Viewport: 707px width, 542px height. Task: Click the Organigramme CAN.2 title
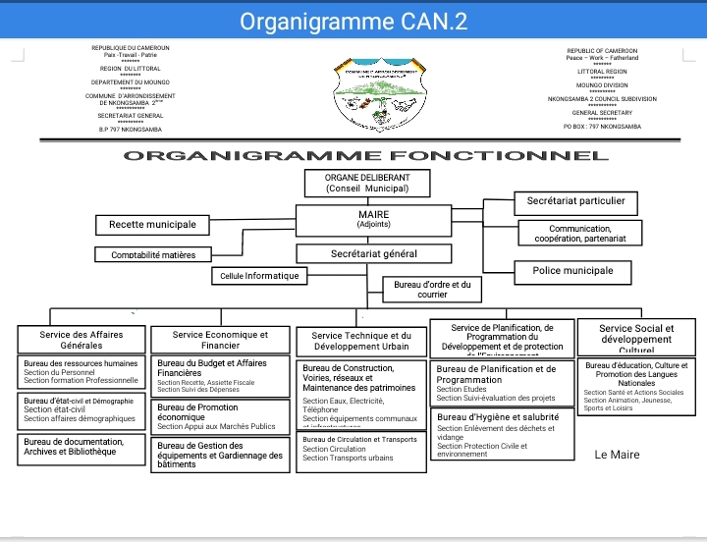pos(353,21)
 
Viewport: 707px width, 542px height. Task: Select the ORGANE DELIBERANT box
pos(353,183)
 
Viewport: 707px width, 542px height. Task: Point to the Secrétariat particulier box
pos(575,202)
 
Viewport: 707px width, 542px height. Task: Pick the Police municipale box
pos(572,271)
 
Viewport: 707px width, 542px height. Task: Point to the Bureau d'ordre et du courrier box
pos(432,289)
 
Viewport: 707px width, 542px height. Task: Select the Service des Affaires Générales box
pos(81,340)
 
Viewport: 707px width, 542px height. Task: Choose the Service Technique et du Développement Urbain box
pos(361,342)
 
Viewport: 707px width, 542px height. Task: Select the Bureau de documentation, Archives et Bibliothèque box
pos(81,448)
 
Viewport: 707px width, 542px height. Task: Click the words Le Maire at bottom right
pos(617,455)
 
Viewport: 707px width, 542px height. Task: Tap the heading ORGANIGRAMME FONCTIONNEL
pos(364,155)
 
